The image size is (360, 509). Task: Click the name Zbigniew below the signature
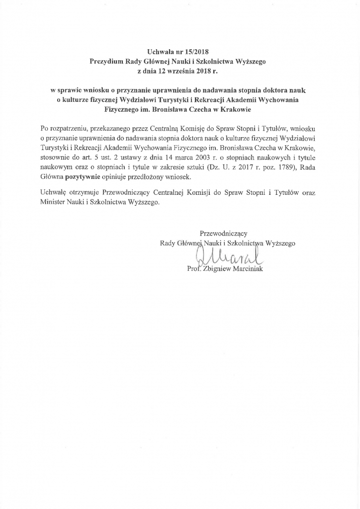click(x=221, y=268)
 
